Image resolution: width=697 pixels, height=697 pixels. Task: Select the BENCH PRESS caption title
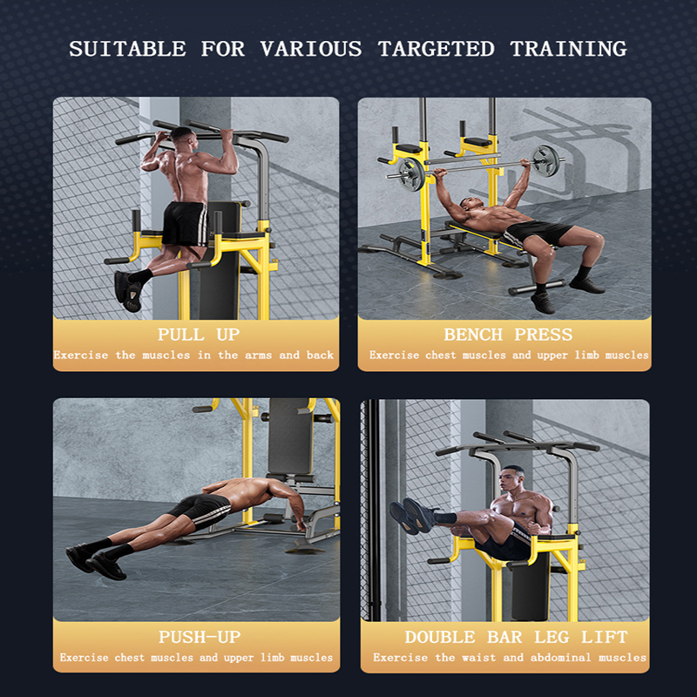pyautogui.click(x=508, y=335)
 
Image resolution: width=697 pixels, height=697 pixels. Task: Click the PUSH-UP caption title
pyautogui.click(x=200, y=637)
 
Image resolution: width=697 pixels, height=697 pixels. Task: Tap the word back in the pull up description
pyautogui.click(x=321, y=355)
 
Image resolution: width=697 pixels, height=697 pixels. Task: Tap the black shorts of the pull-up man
pyautogui.click(x=184, y=224)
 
